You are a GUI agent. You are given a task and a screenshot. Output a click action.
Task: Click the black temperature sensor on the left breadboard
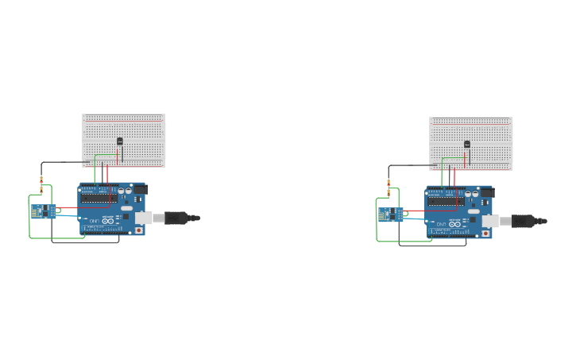[x=120, y=141]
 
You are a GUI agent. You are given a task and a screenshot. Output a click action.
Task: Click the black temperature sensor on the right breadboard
[x=467, y=145]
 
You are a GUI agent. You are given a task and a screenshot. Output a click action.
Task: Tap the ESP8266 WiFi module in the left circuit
[x=40, y=211]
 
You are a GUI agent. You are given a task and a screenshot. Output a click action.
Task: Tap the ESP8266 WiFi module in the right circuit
[x=387, y=215]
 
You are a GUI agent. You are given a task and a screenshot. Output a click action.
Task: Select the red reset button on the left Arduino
[x=140, y=230]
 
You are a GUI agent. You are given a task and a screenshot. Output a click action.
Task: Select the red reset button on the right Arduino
[x=487, y=234]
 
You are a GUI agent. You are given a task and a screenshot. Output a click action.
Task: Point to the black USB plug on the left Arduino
[x=178, y=217]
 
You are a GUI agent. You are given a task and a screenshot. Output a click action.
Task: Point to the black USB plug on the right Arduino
[x=525, y=220]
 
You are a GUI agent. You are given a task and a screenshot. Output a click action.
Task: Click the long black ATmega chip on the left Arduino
[x=99, y=199]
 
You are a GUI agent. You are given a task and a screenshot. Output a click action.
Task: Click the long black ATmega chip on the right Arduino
[x=446, y=202]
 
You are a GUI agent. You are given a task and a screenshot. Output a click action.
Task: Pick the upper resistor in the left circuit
[x=41, y=179]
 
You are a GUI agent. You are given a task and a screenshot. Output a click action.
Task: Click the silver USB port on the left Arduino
[x=144, y=217]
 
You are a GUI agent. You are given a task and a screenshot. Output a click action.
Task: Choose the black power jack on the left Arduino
[x=140, y=189]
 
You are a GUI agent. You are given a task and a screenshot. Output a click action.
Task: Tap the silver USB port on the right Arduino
[x=491, y=220]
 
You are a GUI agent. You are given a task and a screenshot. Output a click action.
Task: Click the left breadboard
[x=123, y=127]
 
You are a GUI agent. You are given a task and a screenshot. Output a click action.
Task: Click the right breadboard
[x=470, y=131]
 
